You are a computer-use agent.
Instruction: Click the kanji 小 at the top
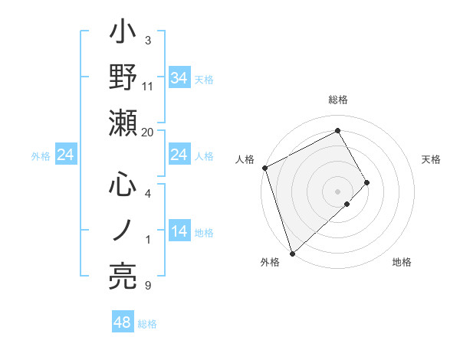[123, 34]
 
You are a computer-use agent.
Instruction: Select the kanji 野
[123, 78]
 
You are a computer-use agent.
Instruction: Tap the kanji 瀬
[123, 123]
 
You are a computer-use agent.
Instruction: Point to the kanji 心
[123, 185]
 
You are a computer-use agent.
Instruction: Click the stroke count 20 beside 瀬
[148, 132]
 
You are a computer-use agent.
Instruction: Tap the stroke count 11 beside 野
[148, 87]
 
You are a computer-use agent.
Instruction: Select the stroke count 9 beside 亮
[148, 286]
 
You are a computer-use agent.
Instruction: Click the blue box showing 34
[179, 77]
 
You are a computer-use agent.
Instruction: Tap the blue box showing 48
[123, 323]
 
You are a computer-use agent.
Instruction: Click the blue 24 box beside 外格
[66, 155]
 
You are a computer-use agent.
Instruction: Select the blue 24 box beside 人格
[179, 155]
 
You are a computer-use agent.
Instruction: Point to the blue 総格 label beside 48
[147, 324]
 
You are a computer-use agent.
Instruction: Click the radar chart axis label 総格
[337, 100]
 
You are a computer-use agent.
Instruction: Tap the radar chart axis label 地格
[402, 262]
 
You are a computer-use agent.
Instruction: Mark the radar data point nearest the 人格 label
[264, 168]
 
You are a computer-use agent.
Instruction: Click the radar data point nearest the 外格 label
[292, 252]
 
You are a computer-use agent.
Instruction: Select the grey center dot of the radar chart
[337, 190]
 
